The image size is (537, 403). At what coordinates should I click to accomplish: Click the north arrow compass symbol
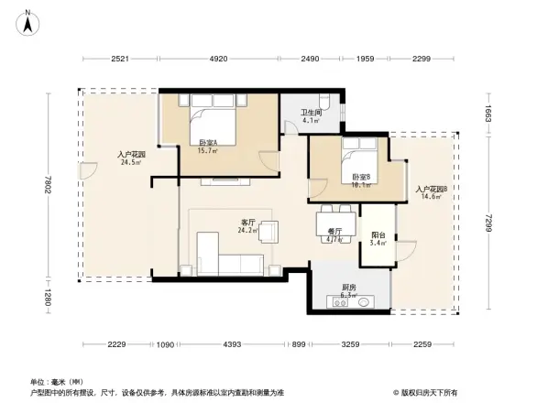click(28, 20)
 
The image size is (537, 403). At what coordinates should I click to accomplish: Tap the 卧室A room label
click(209, 142)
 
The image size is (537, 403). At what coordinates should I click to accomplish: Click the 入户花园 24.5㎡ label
click(132, 158)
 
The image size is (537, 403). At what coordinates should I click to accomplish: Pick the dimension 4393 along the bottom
click(232, 344)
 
